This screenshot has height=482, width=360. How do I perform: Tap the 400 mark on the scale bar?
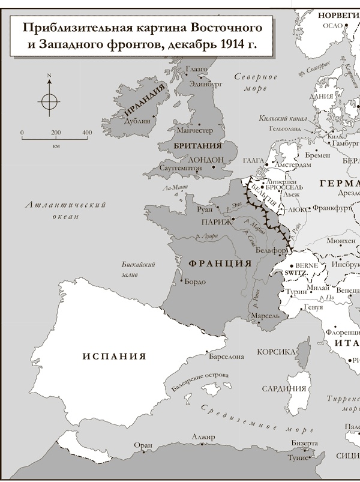86,133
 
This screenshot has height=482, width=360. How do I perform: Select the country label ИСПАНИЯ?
114,355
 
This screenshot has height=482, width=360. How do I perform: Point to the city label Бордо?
196,282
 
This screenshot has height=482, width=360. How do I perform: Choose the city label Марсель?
266,315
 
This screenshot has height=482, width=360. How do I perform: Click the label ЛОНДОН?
205,160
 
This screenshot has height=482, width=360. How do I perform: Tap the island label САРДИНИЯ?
285,388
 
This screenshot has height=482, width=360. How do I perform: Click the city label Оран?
143,445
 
